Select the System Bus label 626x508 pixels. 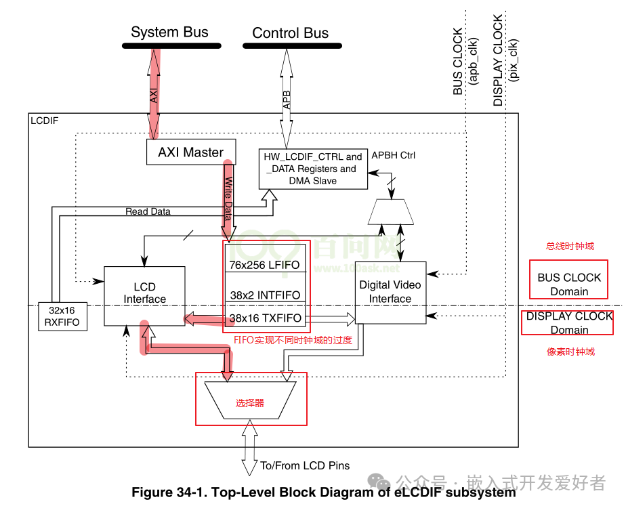pos(169,32)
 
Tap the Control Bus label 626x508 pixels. pos(290,33)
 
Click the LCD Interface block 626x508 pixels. pos(144,293)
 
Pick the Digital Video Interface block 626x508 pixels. pos(390,292)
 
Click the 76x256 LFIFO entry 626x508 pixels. pos(264,265)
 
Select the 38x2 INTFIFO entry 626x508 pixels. pos(264,295)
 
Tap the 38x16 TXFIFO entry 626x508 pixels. pos(264,318)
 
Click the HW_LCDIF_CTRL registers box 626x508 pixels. pos(312,169)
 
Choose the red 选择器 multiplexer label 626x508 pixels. pos(250,403)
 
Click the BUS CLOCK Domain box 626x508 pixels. pos(568,284)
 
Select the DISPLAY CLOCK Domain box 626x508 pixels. pos(568,323)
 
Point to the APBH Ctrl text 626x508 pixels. pos(394,155)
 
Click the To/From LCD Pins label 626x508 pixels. pos(304,465)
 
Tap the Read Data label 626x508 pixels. pos(148,211)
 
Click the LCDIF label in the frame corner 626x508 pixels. pos(45,121)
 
